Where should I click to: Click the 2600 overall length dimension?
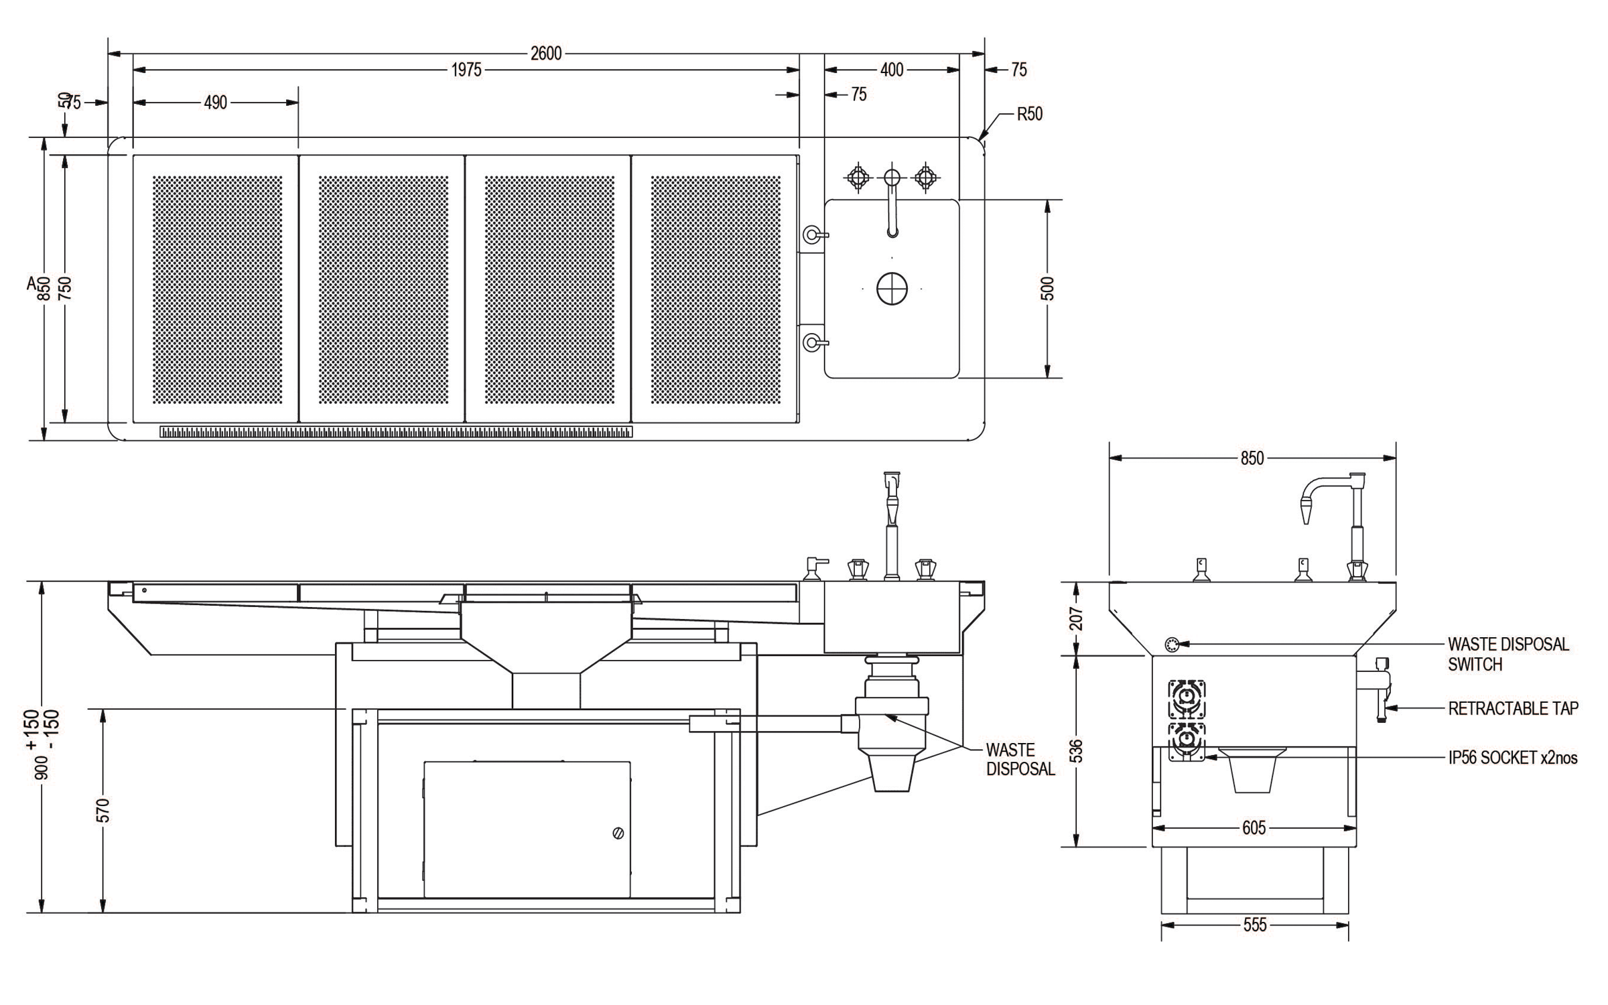click(x=546, y=54)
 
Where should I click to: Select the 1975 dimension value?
click(x=466, y=70)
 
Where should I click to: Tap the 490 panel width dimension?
click(x=216, y=103)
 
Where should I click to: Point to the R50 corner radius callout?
click(x=1030, y=114)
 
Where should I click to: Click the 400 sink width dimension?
click(x=892, y=70)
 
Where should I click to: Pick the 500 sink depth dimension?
click(x=1049, y=288)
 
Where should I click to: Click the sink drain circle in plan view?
click(x=892, y=289)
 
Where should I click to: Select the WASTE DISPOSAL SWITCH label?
click(x=1508, y=654)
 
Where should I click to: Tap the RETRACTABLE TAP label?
click(x=1514, y=708)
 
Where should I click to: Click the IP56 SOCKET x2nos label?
click(x=1513, y=758)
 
